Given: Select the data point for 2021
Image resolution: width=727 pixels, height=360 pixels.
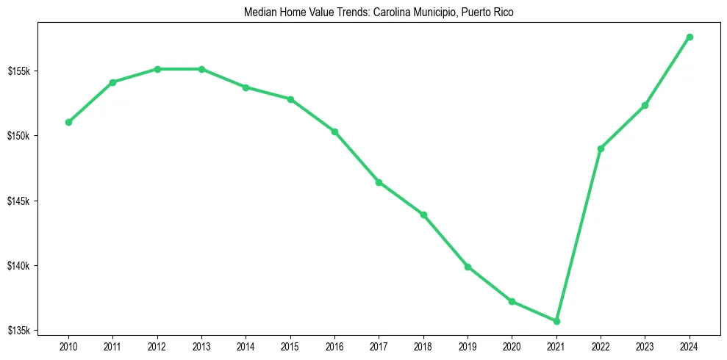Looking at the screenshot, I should [x=556, y=321].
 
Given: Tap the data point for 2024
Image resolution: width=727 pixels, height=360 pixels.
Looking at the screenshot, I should [x=690, y=37].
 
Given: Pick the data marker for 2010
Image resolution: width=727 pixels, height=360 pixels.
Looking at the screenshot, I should [x=68, y=122].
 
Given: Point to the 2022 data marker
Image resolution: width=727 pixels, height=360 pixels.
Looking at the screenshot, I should [x=601, y=148].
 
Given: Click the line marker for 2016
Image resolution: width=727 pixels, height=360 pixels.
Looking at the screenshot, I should [x=334, y=132].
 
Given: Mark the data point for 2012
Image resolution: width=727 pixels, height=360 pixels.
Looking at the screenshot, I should [x=157, y=69].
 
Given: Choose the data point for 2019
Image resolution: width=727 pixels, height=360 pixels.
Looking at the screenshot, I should [x=468, y=267].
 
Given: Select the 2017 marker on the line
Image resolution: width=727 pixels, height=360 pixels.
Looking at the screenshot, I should [x=379, y=182].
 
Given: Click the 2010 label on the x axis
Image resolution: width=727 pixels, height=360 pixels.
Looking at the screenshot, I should [x=68, y=345].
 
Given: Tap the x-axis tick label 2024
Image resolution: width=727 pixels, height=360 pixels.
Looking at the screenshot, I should [x=690, y=345].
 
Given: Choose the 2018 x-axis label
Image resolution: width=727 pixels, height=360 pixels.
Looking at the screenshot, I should [x=423, y=345].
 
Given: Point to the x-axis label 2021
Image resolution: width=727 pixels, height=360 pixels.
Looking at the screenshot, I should [x=556, y=345].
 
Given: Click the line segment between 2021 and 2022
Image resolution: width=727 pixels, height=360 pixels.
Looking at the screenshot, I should [x=579, y=235].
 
